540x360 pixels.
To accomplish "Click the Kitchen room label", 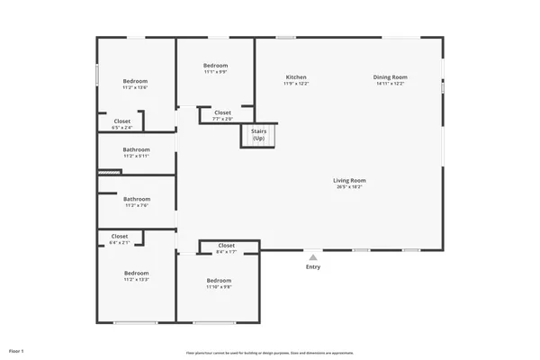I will (296, 77).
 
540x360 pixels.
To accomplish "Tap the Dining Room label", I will (390, 77).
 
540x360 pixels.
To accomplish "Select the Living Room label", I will (349, 180).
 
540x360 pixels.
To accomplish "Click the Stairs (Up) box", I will (258, 135).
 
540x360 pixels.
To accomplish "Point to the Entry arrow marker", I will (312, 256).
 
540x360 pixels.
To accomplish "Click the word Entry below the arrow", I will (312, 267).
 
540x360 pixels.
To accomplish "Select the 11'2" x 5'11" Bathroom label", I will (137, 149).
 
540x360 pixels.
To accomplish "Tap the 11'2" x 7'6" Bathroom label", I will (137, 199).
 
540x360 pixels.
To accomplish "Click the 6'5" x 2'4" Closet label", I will (121, 121).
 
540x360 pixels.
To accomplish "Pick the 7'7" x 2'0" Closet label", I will (222, 112).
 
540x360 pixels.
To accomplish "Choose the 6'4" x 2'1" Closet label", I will (119, 237).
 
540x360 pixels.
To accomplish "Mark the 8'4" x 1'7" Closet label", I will (226, 246).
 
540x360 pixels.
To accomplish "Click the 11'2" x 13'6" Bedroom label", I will (135, 82).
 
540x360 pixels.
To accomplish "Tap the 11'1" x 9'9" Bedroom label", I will (215, 66).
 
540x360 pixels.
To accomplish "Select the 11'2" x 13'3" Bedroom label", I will (136, 274).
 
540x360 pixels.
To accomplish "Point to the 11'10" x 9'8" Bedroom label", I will (219, 281).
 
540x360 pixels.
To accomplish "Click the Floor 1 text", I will (16, 349).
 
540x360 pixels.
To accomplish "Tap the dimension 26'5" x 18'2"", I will (349, 186).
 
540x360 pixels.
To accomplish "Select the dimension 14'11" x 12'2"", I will (390, 84).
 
